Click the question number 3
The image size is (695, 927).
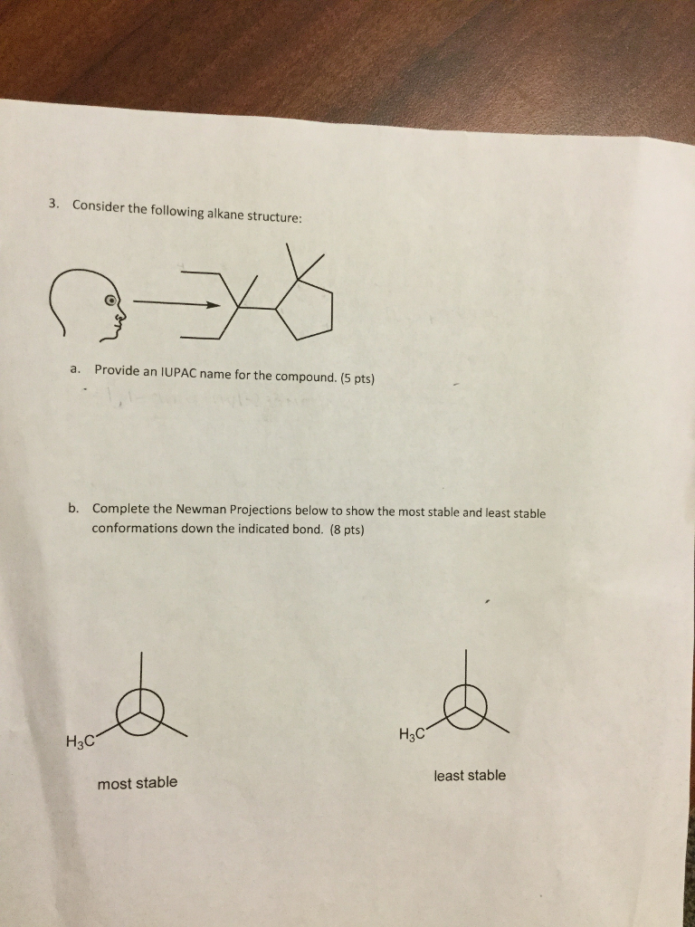point(53,203)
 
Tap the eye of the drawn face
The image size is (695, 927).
point(110,300)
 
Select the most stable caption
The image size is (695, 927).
point(138,782)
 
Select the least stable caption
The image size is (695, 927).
point(470,776)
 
